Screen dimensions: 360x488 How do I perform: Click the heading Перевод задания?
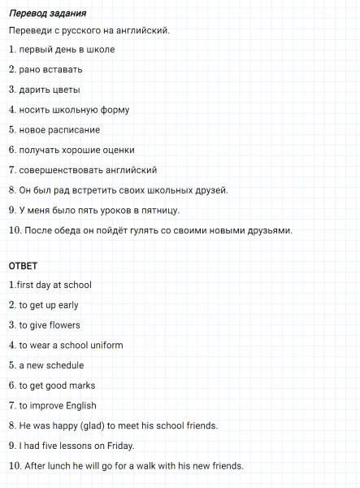47,14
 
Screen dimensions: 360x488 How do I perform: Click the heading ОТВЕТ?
23,266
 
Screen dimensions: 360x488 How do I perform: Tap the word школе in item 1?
100,50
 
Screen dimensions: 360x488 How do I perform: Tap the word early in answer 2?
68,305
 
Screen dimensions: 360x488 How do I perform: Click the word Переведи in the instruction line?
28,31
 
